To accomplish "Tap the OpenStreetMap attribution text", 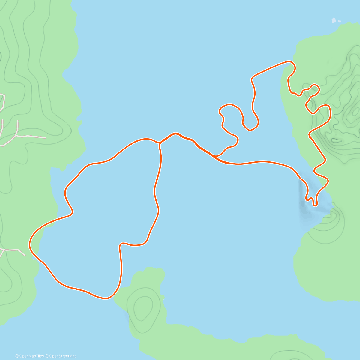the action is [x=63, y=356].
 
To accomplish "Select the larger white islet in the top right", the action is [x=334, y=20].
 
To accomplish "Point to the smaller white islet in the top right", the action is [x=340, y=21].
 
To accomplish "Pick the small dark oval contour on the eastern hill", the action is [x=337, y=140].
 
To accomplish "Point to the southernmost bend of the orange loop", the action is [x=106, y=298].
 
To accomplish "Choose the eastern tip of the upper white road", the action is [x=46, y=138].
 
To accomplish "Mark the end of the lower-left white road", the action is [x=25, y=255].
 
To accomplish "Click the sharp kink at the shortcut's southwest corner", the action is [x=121, y=244].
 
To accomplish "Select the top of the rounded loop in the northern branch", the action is [x=230, y=105].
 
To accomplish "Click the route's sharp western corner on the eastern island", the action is [x=310, y=136].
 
